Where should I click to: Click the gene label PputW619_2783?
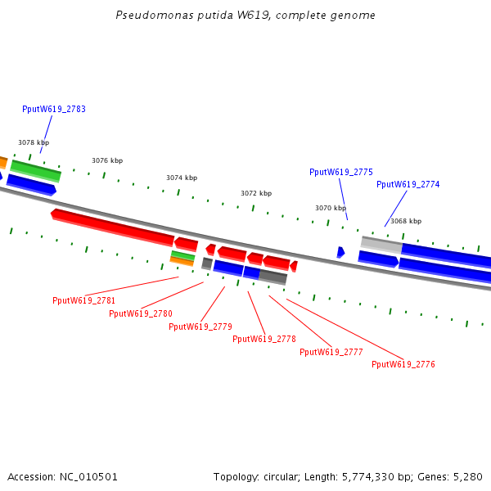point(54,109)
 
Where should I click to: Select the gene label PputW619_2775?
point(340,172)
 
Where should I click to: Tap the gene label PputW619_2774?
point(408,184)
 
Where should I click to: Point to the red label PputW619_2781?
point(83,300)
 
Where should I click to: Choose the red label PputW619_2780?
point(140,313)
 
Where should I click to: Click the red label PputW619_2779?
point(200,327)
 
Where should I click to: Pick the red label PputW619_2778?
point(264,339)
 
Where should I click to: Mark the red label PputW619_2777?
point(331,352)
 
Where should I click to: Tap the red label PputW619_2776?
point(403,364)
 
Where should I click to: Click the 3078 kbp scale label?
point(34,142)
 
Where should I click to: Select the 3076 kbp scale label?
point(107,160)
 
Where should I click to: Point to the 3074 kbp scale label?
point(182,178)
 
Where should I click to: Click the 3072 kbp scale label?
point(256,193)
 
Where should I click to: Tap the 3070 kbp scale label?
point(331,208)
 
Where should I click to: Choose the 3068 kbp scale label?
point(406,221)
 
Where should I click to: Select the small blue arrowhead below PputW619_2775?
point(340,252)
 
